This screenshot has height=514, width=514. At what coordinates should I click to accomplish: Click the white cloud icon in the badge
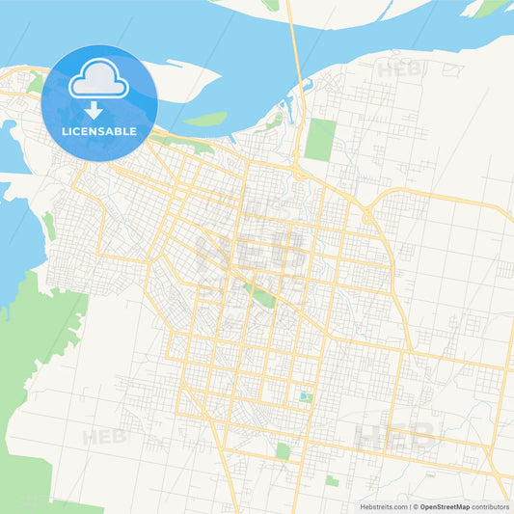(99, 80)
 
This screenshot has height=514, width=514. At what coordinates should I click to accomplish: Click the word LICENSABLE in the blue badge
(99, 130)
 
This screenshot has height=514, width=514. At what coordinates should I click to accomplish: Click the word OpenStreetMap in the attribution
(444, 506)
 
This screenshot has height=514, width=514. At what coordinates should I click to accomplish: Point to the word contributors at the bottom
(491, 506)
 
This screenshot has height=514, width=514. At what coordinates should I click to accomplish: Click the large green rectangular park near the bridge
(318, 139)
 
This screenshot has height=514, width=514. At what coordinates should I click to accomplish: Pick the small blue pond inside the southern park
(306, 396)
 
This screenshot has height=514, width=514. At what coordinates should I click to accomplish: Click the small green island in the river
(205, 119)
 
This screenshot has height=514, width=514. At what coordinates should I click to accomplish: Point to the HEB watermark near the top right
(399, 69)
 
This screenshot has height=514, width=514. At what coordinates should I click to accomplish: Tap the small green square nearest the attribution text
(332, 479)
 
